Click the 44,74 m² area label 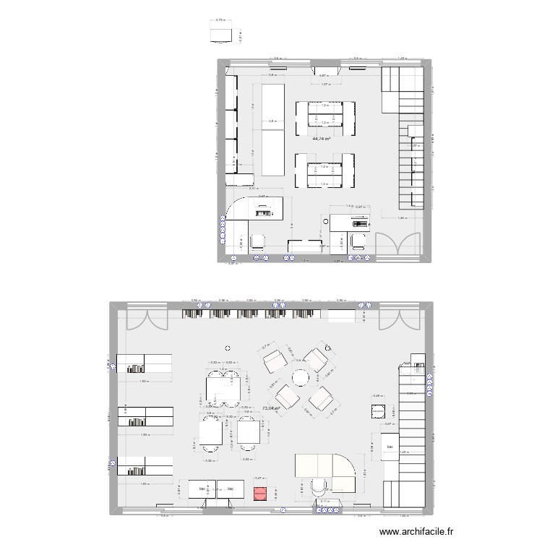click(x=322, y=139)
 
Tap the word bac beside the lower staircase click(x=390, y=448)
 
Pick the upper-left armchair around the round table click(x=274, y=358)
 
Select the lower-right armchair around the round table click(x=321, y=398)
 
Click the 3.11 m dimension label click(x=324, y=501)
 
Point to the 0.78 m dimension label click(x=220, y=21)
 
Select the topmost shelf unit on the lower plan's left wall click(x=145, y=363)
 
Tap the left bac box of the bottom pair click(x=202, y=489)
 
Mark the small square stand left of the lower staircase click(x=377, y=412)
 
